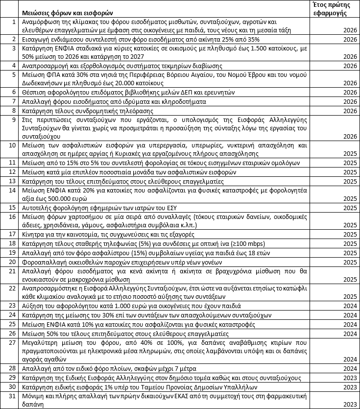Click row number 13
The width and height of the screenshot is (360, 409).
click(13, 181)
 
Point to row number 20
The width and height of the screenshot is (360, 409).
click(13, 262)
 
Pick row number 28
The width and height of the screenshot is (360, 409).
click(13, 368)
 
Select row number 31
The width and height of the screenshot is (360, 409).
click(13, 395)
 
